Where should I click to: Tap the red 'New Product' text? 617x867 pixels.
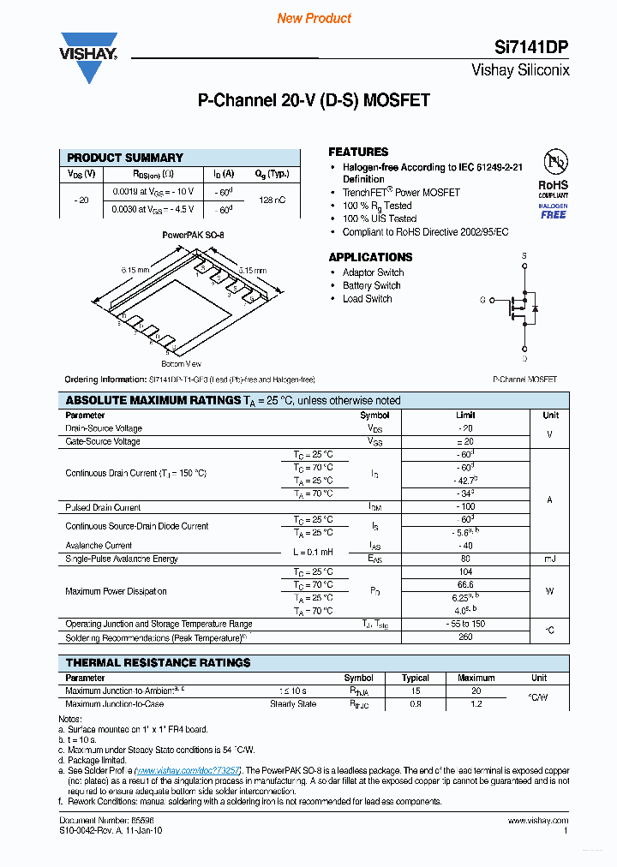314,18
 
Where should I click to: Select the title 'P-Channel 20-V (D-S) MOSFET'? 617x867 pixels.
314,100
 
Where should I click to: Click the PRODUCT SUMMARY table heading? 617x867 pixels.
125,158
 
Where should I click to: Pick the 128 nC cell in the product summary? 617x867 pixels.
272,200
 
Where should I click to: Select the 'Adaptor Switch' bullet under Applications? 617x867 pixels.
373,272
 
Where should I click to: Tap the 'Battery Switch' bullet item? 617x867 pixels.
371,285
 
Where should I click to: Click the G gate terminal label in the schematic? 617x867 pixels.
482,300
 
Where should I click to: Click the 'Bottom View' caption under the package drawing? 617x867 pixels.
180,364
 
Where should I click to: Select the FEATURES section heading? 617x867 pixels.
358,152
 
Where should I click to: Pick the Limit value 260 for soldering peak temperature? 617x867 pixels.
466,637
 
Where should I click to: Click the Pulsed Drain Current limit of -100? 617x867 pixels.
466,507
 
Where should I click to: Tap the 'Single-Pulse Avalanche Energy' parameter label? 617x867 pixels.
122,559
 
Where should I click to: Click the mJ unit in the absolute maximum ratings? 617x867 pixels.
549,559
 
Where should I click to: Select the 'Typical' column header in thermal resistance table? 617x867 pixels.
416,678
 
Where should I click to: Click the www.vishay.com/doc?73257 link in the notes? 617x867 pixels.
189,770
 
